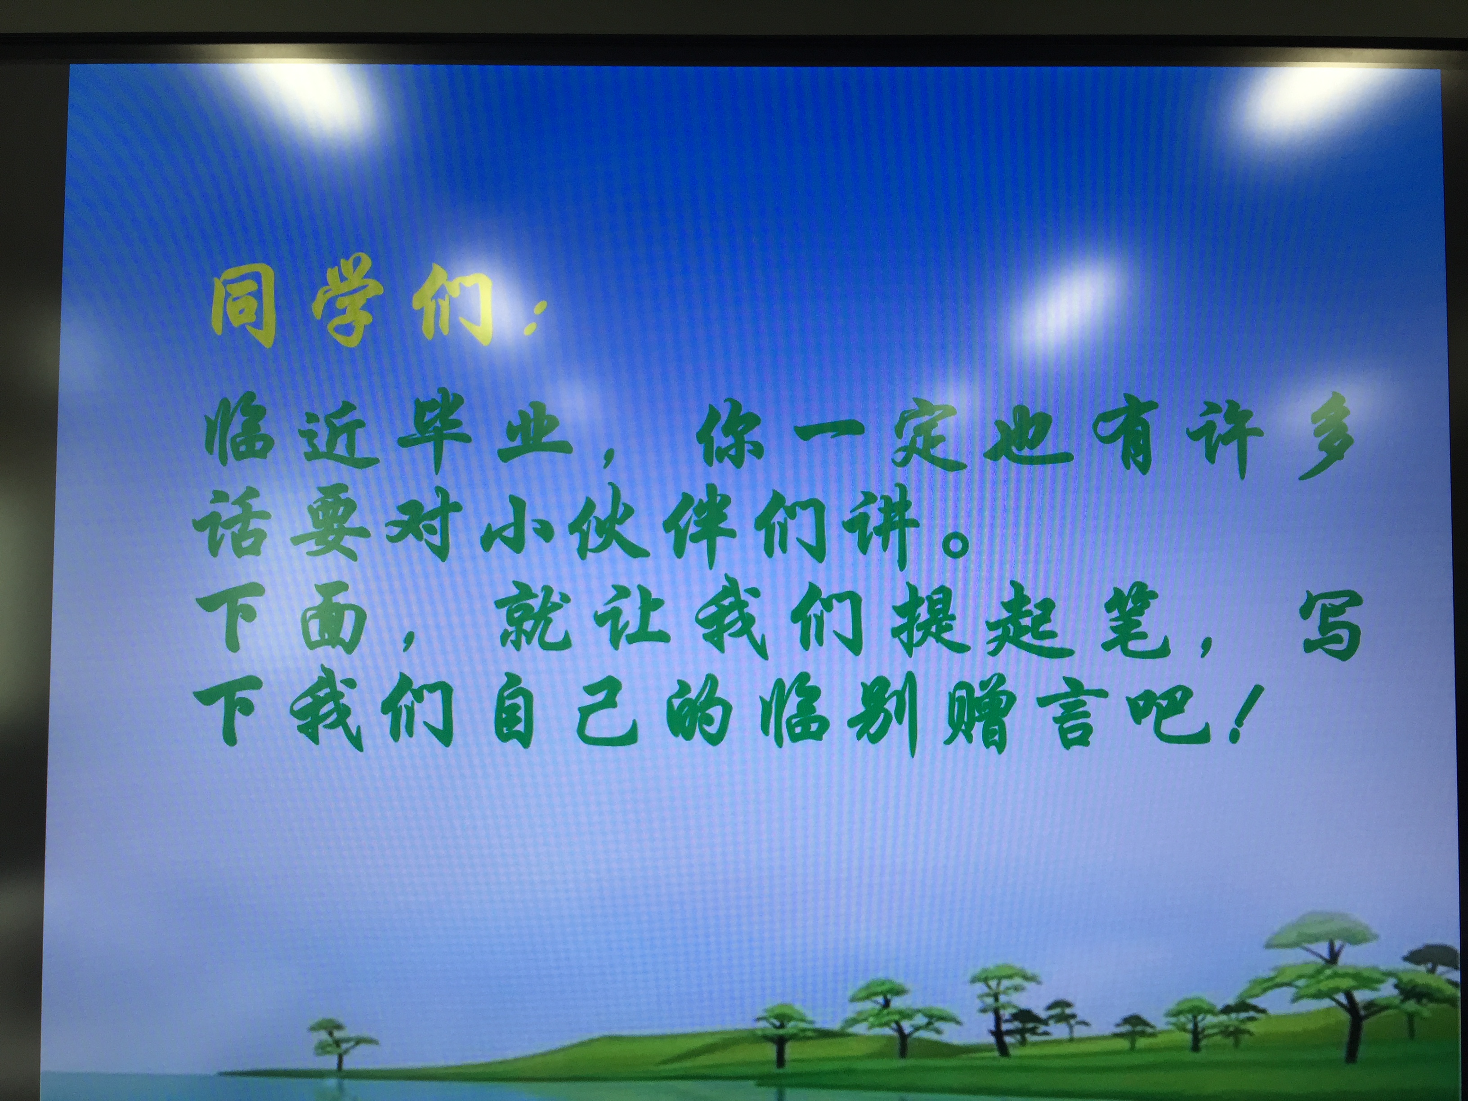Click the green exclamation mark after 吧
[1240, 713]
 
